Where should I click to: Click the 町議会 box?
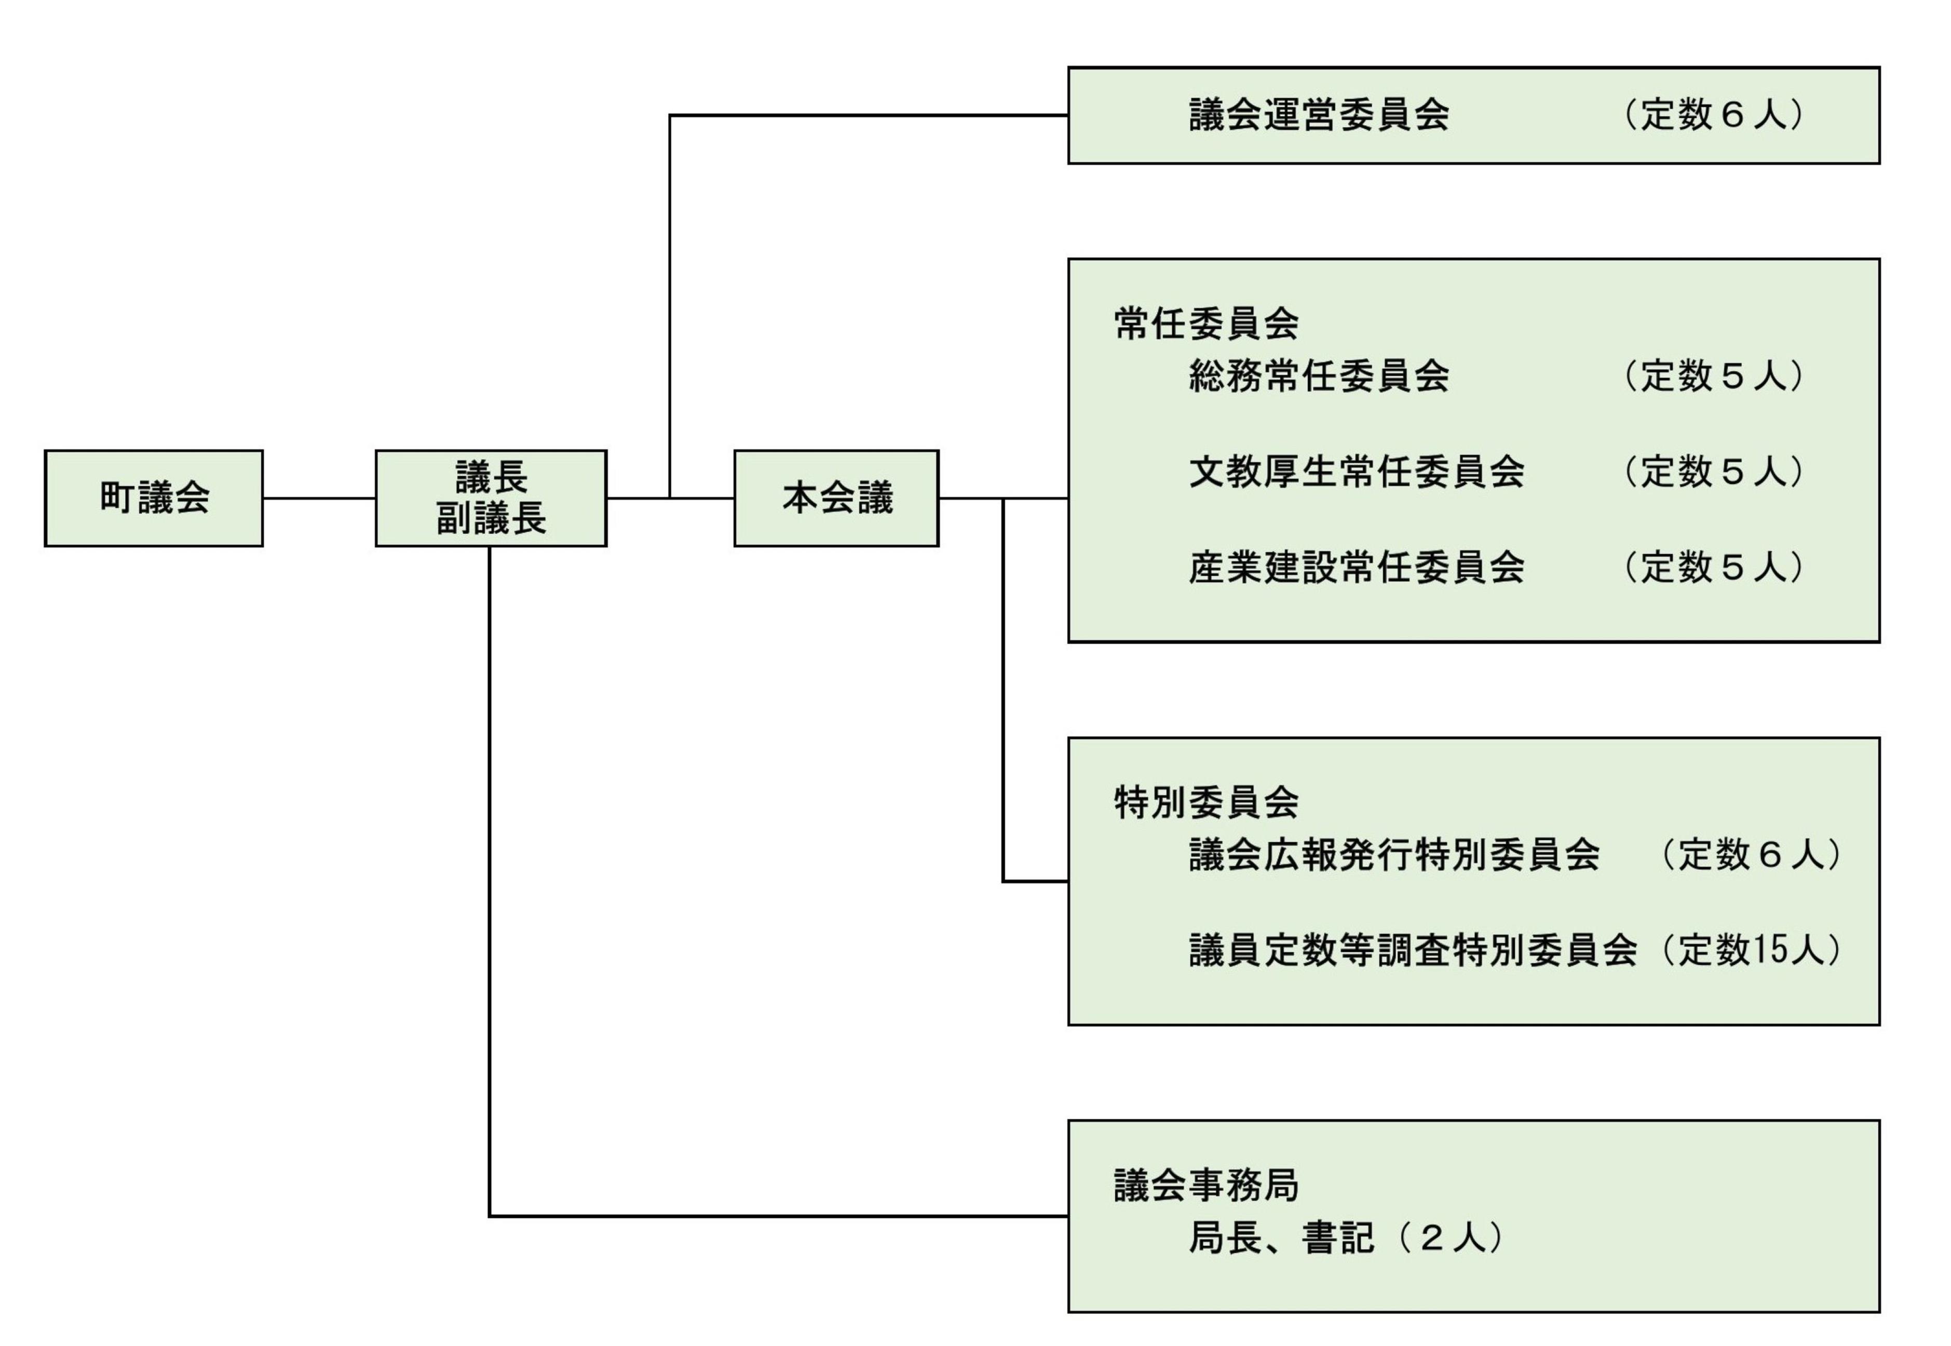[x=154, y=499]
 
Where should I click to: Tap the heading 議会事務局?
[x=1205, y=1186]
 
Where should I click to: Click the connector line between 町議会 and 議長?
[x=319, y=499]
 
